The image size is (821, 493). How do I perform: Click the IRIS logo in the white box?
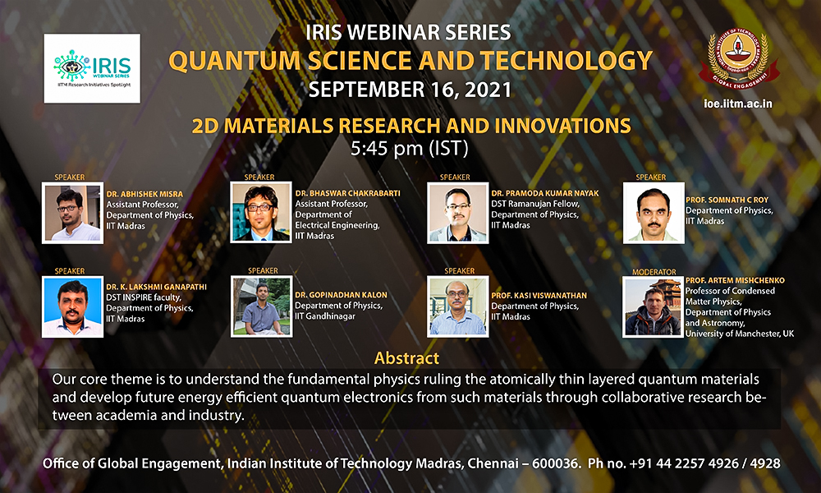tap(92, 68)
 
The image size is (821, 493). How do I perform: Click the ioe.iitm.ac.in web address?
tap(738, 104)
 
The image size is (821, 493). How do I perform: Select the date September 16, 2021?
tap(410, 90)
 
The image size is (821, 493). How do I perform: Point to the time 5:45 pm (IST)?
tap(410, 148)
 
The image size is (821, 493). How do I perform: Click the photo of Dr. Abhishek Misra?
tap(73, 214)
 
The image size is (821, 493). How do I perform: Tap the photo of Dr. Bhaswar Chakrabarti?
tap(261, 212)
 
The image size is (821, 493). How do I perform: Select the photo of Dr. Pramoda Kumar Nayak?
tap(457, 213)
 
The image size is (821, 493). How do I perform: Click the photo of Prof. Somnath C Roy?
tap(654, 213)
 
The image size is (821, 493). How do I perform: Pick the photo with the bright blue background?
tap(73, 306)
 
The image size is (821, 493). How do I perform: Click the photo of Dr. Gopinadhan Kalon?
tap(261, 306)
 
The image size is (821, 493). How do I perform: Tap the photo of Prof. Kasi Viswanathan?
tap(457, 306)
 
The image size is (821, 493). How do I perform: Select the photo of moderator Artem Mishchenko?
tap(653, 307)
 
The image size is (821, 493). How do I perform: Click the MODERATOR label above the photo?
tap(654, 272)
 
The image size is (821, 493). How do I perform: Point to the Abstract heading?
tap(407, 358)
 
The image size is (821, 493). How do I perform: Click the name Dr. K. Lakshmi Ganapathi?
tap(156, 287)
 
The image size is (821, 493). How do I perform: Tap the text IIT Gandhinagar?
tap(324, 316)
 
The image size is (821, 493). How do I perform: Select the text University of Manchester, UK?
tap(740, 334)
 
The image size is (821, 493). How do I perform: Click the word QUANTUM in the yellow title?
tap(235, 61)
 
